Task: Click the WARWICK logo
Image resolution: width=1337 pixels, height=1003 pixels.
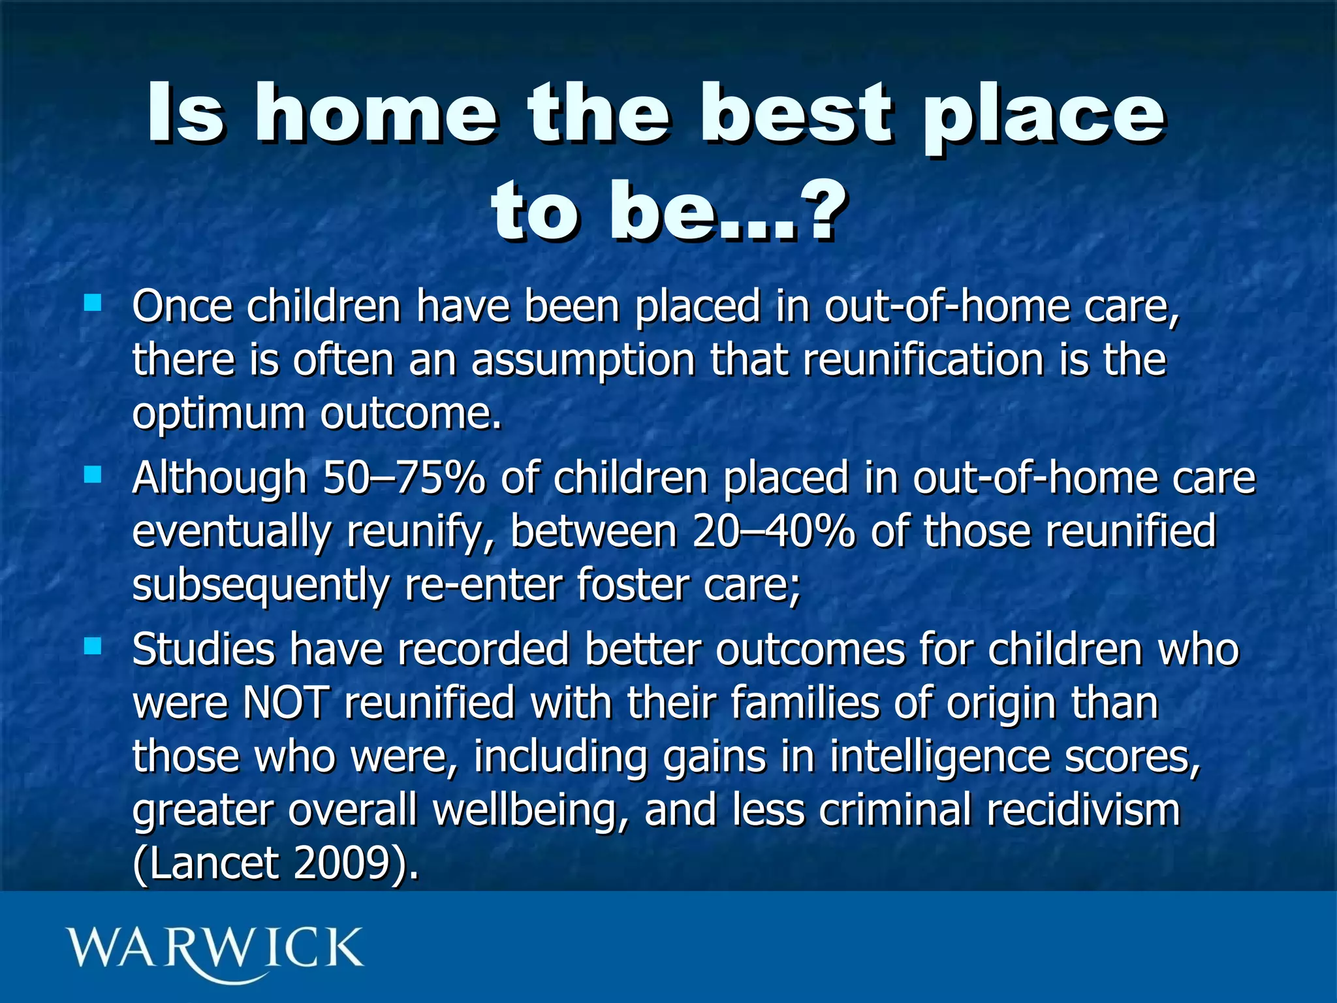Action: [x=214, y=949]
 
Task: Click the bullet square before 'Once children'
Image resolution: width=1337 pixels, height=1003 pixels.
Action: [x=93, y=302]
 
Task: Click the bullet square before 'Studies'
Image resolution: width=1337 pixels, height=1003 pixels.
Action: [x=93, y=646]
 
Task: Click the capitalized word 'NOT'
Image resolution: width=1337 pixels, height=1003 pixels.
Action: [x=285, y=703]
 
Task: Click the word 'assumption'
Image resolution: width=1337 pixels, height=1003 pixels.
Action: [x=583, y=361]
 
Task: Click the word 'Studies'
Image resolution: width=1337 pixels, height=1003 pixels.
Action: [x=203, y=650]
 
